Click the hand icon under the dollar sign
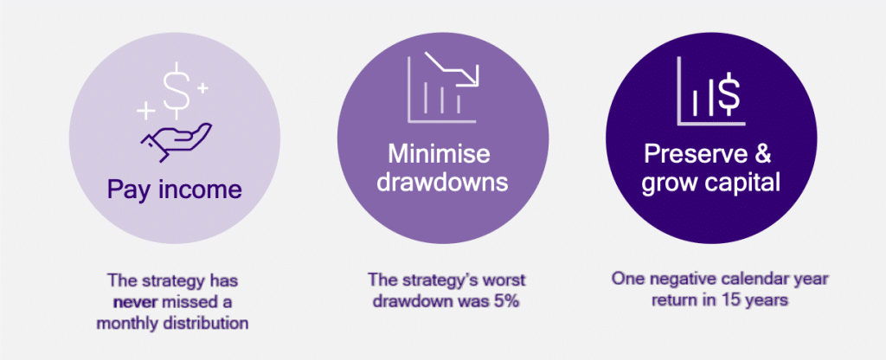pos(176,141)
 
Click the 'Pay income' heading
pos(174,191)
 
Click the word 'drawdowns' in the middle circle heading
pos(442,183)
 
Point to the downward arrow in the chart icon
pos(453,68)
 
